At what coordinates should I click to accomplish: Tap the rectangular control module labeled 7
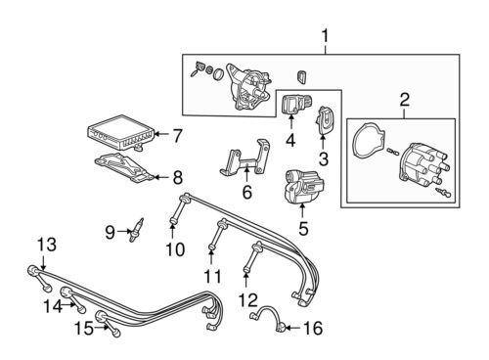(119, 131)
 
